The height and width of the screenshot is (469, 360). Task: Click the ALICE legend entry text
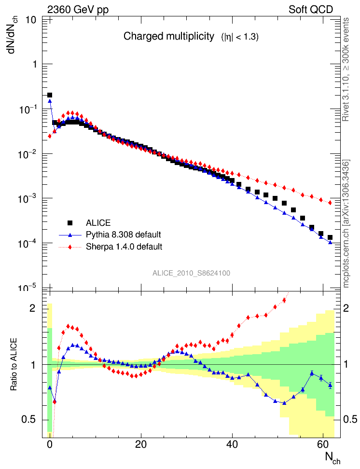tap(98, 223)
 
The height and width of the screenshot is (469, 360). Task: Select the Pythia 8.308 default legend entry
tap(123, 235)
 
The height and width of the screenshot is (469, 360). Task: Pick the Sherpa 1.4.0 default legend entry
tap(124, 247)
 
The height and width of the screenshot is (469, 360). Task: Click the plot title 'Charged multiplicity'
tap(168, 36)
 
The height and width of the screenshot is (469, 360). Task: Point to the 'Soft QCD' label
tap(311, 10)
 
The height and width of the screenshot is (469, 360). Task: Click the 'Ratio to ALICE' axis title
tap(14, 364)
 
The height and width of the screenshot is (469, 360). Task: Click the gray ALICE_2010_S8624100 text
tap(191, 273)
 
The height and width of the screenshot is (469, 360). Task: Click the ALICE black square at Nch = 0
tap(50, 96)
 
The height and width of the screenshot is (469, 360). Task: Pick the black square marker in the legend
tap(70, 223)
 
